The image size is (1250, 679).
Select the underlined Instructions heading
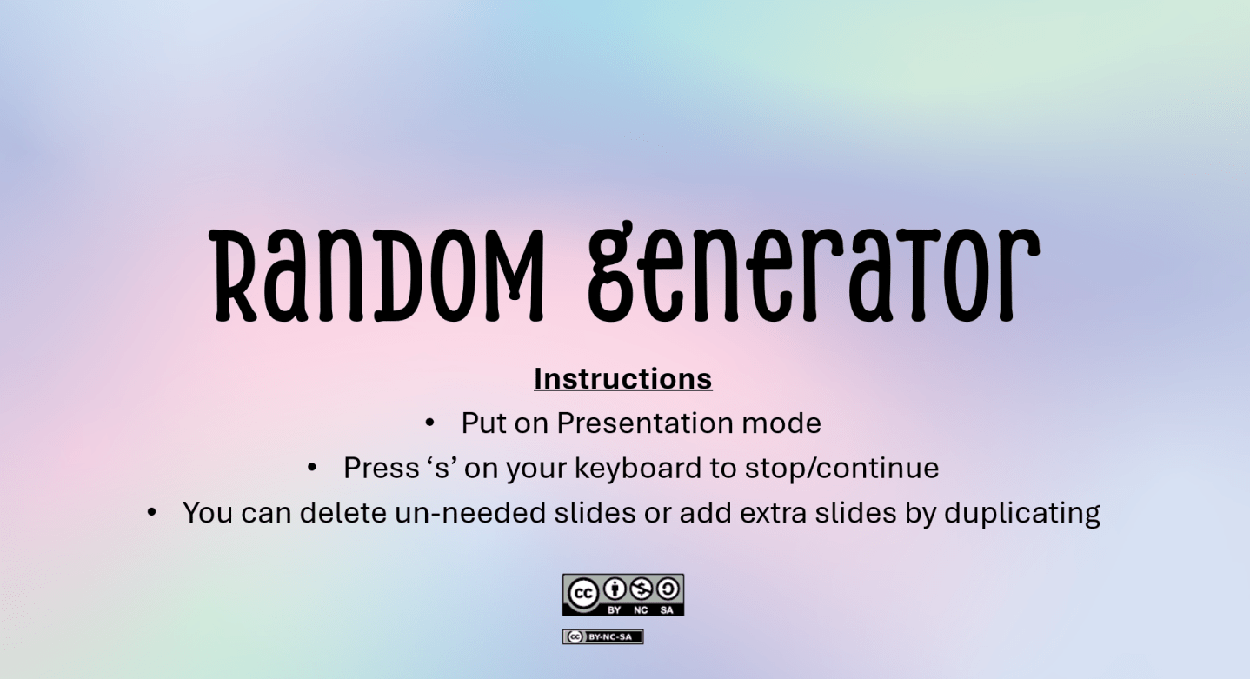[622, 379]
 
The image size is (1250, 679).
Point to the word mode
[781, 423]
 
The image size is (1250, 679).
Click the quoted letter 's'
[440, 469]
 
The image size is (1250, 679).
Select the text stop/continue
[841, 469]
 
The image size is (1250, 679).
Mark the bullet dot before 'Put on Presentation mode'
[429, 423]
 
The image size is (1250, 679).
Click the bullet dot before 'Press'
[312, 469]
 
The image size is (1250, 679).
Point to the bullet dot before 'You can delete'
[151, 513]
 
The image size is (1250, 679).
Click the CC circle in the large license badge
[582, 594]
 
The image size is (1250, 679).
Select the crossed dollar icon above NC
[641, 589]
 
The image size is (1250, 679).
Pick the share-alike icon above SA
[667, 589]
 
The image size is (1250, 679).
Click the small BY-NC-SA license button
[602, 636]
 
